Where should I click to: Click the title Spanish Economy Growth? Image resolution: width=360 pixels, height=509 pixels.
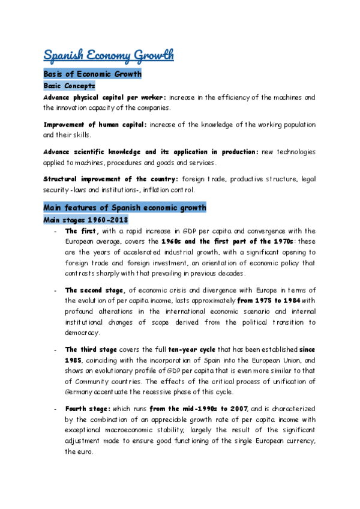[109, 55]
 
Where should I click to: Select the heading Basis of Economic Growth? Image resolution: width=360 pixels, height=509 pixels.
[92, 74]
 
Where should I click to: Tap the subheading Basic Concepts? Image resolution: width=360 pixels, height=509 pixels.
[69, 86]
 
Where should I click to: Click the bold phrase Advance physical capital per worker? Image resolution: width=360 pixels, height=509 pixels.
[105, 97]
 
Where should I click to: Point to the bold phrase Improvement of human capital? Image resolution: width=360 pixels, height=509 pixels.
[95, 124]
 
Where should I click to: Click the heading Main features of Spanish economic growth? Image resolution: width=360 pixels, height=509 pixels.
[125, 208]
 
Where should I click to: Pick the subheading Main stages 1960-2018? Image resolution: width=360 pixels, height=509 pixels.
[86, 220]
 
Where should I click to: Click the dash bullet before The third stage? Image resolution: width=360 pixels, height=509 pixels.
[55, 349]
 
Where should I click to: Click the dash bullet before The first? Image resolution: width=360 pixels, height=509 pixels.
[55, 231]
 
